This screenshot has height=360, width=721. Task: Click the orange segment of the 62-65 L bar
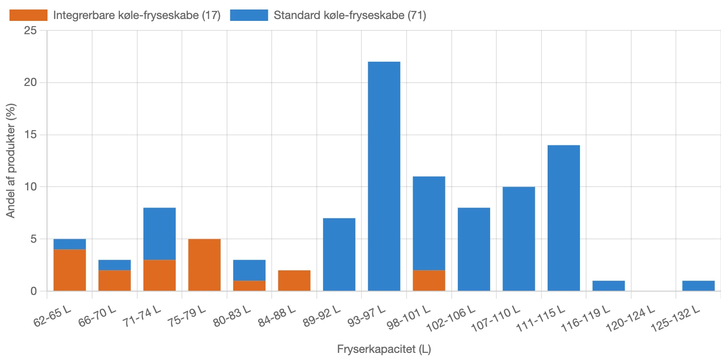70,270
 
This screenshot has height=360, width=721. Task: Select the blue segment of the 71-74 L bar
160,234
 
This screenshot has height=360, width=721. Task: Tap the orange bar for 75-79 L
204,265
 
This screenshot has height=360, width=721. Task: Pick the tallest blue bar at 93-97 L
384,176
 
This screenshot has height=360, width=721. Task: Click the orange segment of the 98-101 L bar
429,280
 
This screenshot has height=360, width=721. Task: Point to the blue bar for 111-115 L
563,218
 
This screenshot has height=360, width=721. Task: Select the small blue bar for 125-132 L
698,285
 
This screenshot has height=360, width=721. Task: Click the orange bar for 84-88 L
294,280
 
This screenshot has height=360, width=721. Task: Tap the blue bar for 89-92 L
339,255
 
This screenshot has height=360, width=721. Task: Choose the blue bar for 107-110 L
519,239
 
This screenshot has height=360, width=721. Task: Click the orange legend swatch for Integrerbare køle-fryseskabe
28,15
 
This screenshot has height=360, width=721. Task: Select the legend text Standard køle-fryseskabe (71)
350,15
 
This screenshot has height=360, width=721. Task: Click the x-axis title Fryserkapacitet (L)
384,350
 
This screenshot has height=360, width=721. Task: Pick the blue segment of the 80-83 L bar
249,270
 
